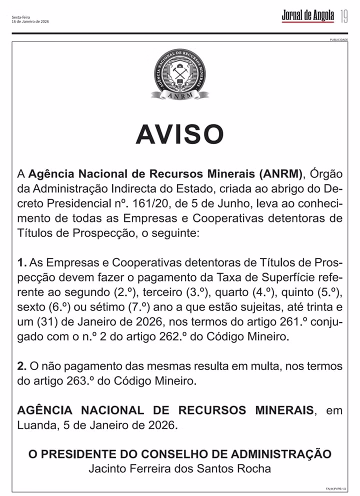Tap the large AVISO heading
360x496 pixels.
pyautogui.click(x=180, y=134)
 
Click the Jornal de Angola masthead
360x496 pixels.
pyautogui.click(x=307, y=16)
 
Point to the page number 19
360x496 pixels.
pyautogui.click(x=344, y=16)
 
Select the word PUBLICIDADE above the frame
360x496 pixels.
pyautogui.click(x=338, y=39)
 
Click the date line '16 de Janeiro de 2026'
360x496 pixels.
pyautogui.click(x=30, y=21)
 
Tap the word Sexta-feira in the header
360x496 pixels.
pyautogui.click(x=20, y=17)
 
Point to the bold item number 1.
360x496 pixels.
pyautogui.click(x=21, y=262)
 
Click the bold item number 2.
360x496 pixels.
pyautogui.click(x=21, y=366)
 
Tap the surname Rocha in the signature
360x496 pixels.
pyautogui.click(x=255, y=468)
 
